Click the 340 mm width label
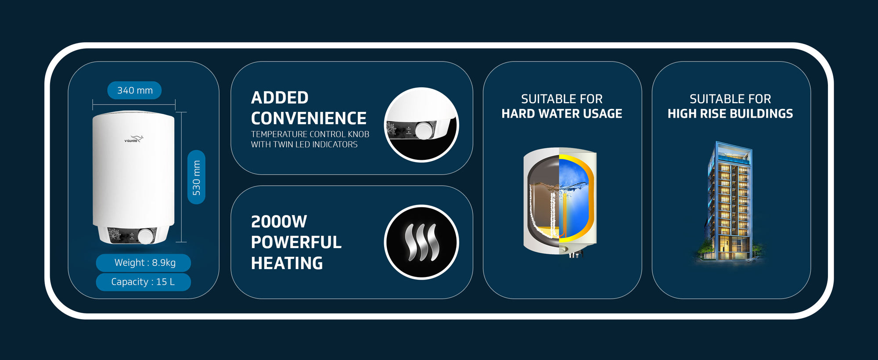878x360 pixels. point(134,90)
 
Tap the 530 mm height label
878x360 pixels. point(196,177)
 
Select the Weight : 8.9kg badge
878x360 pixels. point(144,263)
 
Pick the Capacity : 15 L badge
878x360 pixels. point(144,282)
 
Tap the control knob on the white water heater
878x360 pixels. point(145,236)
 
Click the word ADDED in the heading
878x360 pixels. point(280,97)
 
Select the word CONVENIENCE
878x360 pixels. point(309,118)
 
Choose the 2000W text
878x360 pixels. point(279,222)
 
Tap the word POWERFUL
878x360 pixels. point(296,242)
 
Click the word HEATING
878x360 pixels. point(287,263)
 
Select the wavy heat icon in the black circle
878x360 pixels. point(421,242)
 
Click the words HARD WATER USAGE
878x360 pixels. point(562,114)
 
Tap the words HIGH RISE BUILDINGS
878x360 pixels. point(730,114)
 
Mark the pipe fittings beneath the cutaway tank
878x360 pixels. point(575,254)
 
